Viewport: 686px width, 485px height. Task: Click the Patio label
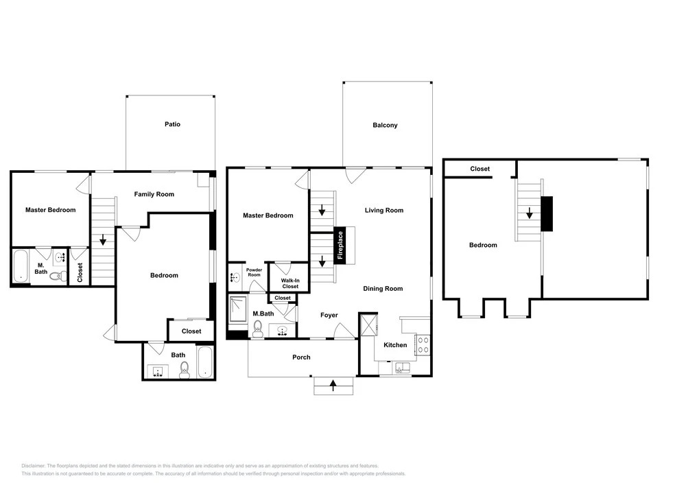point(172,124)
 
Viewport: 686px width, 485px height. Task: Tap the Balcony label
point(385,125)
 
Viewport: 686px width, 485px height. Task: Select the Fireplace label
point(340,245)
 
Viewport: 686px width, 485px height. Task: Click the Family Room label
point(154,194)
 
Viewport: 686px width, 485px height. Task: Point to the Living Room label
point(384,211)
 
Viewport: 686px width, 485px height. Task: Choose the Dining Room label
point(383,289)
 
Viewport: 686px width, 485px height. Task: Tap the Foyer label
point(329,315)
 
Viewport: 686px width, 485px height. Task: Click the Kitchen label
point(395,345)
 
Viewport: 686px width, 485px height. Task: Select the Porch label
point(301,357)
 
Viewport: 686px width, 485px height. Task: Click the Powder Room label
point(255,272)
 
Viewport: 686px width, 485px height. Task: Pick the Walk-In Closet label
point(290,283)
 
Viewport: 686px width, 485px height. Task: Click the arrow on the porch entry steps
point(333,386)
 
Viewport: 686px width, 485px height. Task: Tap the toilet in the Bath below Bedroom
point(184,370)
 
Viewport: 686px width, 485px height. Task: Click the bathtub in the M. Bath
point(20,266)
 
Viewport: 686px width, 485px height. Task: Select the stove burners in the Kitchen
point(423,344)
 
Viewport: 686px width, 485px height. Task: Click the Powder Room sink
point(235,277)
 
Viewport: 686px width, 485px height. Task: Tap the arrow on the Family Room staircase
point(103,240)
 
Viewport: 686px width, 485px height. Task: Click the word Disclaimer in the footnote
point(33,466)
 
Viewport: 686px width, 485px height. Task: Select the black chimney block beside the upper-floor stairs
point(547,214)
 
